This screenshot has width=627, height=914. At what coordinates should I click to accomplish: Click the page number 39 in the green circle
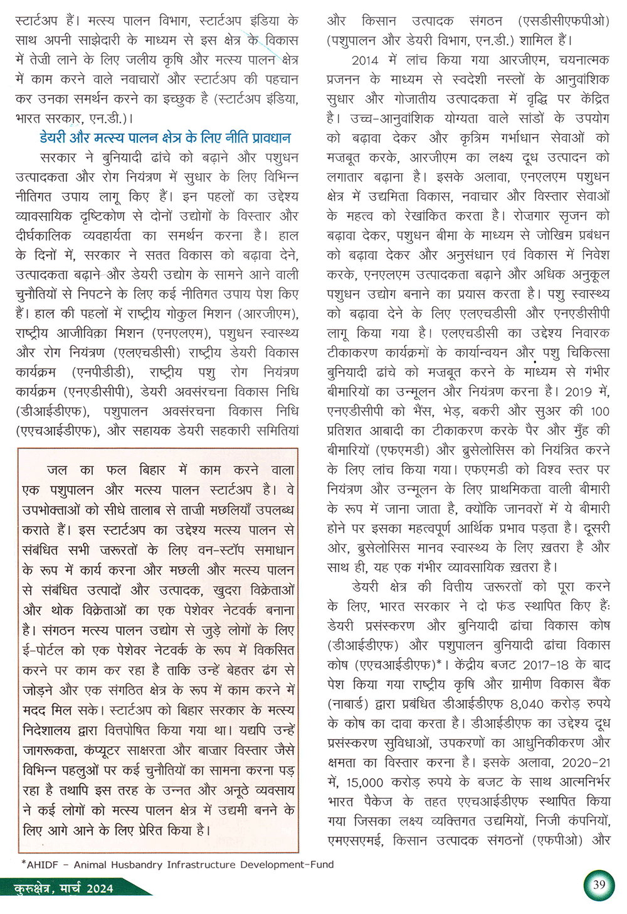599,885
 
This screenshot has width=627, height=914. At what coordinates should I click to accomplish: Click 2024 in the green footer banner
100,888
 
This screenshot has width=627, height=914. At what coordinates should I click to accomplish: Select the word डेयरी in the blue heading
57,137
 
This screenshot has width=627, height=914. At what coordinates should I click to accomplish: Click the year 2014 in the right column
365,60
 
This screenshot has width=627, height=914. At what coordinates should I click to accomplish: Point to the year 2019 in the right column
578,392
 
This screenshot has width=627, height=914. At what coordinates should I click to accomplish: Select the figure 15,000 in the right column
364,782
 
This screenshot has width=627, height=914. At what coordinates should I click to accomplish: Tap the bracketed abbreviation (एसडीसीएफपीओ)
564,21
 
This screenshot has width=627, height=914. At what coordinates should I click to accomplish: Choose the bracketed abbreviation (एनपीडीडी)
103,372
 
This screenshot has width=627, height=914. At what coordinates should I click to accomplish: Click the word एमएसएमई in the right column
354,841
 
